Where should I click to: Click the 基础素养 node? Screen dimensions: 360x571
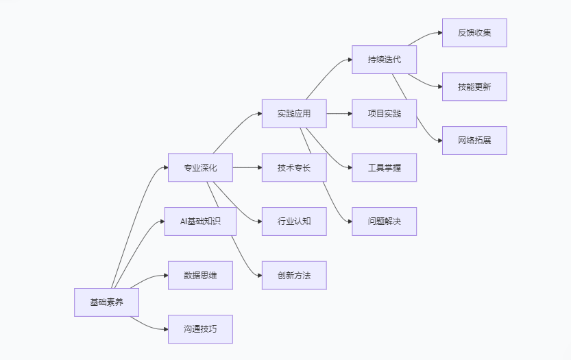(x=106, y=302)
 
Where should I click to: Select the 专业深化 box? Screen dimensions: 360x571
(x=200, y=167)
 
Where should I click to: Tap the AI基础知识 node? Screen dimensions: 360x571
(x=200, y=221)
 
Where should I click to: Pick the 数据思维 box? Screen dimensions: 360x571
(x=200, y=275)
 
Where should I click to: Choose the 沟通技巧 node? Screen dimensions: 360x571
(x=200, y=329)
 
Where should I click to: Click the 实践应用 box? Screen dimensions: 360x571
(x=293, y=114)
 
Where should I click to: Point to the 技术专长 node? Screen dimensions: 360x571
(x=293, y=167)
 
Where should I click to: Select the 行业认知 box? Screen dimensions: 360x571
(x=293, y=221)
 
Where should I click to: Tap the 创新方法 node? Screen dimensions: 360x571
(x=293, y=275)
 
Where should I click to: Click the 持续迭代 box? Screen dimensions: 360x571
(x=384, y=60)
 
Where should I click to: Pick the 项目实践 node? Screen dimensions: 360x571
(x=384, y=114)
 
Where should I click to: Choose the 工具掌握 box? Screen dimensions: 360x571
(x=384, y=167)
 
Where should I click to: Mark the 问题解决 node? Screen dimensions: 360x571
(x=384, y=221)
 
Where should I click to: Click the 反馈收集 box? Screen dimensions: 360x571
(x=474, y=33)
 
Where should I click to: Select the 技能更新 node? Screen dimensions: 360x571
(x=474, y=86)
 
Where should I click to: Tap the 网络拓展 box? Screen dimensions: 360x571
(x=474, y=141)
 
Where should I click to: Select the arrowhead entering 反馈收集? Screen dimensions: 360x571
(x=439, y=33)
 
